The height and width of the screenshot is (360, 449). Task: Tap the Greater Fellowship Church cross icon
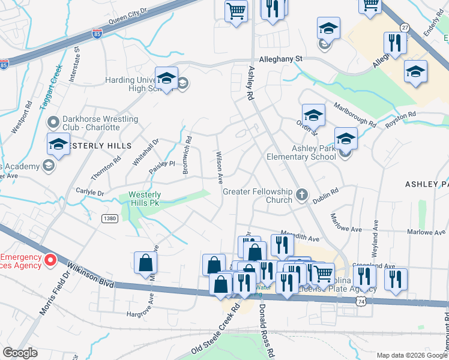pos(301,195)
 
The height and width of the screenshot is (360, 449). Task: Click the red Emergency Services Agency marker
pos(50,260)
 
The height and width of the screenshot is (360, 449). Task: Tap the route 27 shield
pos(405,28)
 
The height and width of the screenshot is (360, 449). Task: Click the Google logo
pos(20,353)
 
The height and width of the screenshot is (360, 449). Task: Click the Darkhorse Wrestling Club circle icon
pos(53,123)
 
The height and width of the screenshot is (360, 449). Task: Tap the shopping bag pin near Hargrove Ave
pos(145,263)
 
